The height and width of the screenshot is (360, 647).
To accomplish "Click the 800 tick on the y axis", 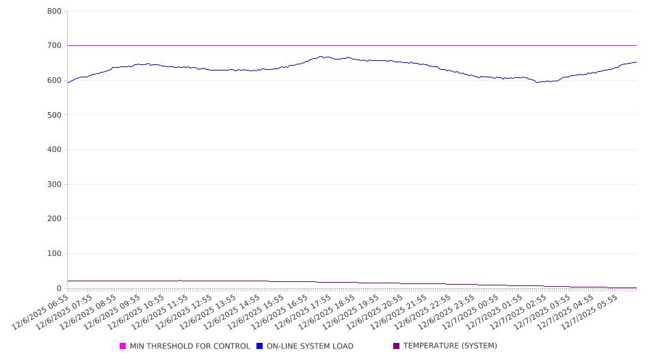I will pos(55,12).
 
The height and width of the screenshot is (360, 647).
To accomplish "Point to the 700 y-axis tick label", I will pos(55,46).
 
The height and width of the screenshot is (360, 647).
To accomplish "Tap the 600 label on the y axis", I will pos(55,81).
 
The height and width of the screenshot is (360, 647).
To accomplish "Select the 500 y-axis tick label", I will pos(55,115).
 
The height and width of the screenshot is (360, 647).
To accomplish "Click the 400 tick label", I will pos(55,150).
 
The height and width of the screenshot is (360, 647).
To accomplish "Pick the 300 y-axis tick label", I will pos(55,185).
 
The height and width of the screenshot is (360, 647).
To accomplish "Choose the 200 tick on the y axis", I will pos(55,219).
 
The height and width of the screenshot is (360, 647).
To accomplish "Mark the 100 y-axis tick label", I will pos(55,254).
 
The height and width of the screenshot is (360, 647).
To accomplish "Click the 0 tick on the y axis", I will pos(59,289).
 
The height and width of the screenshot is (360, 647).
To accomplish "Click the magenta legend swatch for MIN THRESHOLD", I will pos(123,346).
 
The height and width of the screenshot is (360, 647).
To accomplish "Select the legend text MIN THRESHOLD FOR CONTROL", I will pos(189,346).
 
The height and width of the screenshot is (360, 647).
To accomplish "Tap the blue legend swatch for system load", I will pos(260,346).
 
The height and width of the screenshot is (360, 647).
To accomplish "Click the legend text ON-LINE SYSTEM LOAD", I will pos(310,346).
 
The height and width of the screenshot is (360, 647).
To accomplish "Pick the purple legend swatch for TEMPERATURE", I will pos(397,346).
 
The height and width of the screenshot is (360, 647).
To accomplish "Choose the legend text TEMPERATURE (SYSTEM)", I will pos(450,346).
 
